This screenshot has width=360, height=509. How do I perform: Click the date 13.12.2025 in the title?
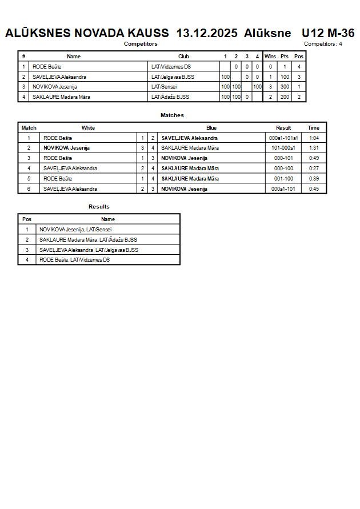(x=207, y=33)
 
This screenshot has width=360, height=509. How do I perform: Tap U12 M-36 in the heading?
(x=328, y=33)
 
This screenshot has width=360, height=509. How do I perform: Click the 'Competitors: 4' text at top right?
(x=323, y=44)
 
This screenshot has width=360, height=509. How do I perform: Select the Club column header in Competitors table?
(x=183, y=57)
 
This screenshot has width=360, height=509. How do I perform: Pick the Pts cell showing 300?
(x=284, y=87)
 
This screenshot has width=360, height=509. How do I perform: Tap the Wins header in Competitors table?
(x=270, y=57)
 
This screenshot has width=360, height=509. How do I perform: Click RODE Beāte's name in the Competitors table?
(x=47, y=67)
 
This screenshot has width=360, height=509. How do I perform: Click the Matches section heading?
(x=172, y=115)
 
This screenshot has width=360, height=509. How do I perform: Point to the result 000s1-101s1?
(x=283, y=138)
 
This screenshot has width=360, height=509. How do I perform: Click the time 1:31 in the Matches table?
(x=314, y=148)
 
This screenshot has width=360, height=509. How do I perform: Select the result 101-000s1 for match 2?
(x=283, y=148)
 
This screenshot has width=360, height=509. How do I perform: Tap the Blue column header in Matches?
(x=211, y=128)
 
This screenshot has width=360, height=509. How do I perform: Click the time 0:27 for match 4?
(x=314, y=169)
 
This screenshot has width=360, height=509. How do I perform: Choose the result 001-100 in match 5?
(x=283, y=179)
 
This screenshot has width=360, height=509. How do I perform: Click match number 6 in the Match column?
(x=29, y=189)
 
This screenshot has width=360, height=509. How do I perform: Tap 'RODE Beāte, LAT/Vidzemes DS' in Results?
(x=74, y=260)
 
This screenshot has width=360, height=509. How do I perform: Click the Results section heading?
(x=99, y=207)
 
